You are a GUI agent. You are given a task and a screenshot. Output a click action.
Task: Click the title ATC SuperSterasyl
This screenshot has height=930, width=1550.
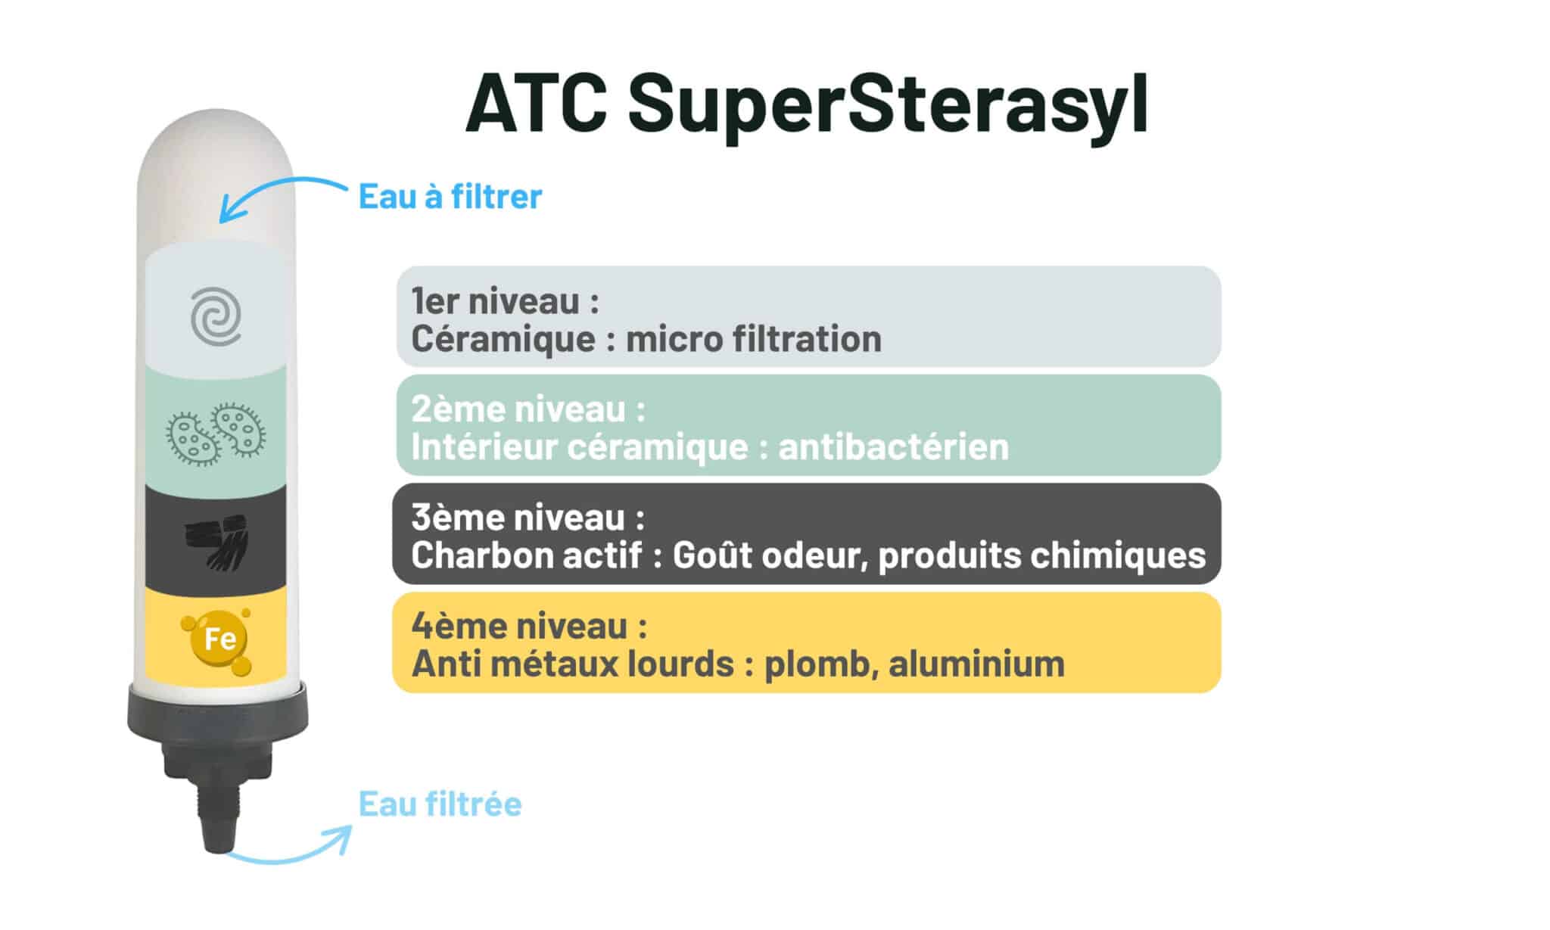point(807,104)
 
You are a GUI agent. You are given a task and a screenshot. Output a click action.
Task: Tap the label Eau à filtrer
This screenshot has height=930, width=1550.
point(450,197)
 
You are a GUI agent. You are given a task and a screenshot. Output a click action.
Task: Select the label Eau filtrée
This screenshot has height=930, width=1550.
point(440,804)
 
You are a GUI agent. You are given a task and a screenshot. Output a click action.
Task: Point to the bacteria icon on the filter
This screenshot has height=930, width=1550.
point(216,434)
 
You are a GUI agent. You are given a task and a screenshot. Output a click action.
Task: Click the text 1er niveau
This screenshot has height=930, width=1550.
point(505,301)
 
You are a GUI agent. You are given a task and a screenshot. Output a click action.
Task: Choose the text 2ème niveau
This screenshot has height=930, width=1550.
point(528,409)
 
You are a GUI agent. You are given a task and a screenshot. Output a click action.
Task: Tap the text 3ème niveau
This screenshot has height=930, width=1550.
point(528,518)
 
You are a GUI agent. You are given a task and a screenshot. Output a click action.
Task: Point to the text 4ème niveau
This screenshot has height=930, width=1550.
point(529,626)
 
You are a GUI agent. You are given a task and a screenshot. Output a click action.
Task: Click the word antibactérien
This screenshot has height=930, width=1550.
point(893,446)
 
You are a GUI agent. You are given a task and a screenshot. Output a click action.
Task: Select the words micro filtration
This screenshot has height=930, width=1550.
point(754,338)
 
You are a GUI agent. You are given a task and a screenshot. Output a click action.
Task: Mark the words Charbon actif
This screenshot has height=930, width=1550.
point(527,555)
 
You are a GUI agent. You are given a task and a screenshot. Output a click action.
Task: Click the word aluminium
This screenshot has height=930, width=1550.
point(976,664)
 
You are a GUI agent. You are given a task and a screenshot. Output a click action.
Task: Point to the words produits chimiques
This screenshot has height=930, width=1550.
point(1042,556)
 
